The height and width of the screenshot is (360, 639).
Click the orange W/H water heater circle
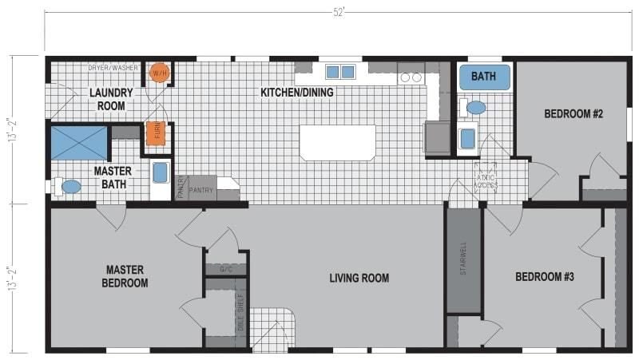[x=160, y=73]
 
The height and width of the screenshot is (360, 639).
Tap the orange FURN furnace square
[x=157, y=133]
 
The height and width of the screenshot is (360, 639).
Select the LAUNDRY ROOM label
[x=111, y=99]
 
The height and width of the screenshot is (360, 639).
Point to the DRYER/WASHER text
[x=114, y=69]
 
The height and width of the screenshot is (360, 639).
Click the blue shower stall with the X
[x=78, y=141]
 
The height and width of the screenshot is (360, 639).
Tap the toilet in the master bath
[x=70, y=187]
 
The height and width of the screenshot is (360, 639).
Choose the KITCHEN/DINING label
[x=297, y=93]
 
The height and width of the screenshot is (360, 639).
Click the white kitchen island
[x=337, y=143]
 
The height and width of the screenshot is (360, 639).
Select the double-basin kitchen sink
[x=339, y=72]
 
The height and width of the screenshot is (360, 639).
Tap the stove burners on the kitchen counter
[x=411, y=77]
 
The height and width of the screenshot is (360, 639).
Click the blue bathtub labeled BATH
[x=483, y=77]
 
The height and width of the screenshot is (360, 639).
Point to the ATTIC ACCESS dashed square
[x=486, y=177]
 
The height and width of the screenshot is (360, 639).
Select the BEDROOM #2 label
[x=574, y=114]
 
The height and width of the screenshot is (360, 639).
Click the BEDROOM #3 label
[x=545, y=277]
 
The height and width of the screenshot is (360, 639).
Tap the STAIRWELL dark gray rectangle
[x=463, y=263]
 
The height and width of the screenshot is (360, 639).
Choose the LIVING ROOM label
[x=359, y=278]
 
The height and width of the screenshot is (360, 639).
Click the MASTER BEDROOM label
[x=125, y=276]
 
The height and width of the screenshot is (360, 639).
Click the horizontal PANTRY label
[x=201, y=191]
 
